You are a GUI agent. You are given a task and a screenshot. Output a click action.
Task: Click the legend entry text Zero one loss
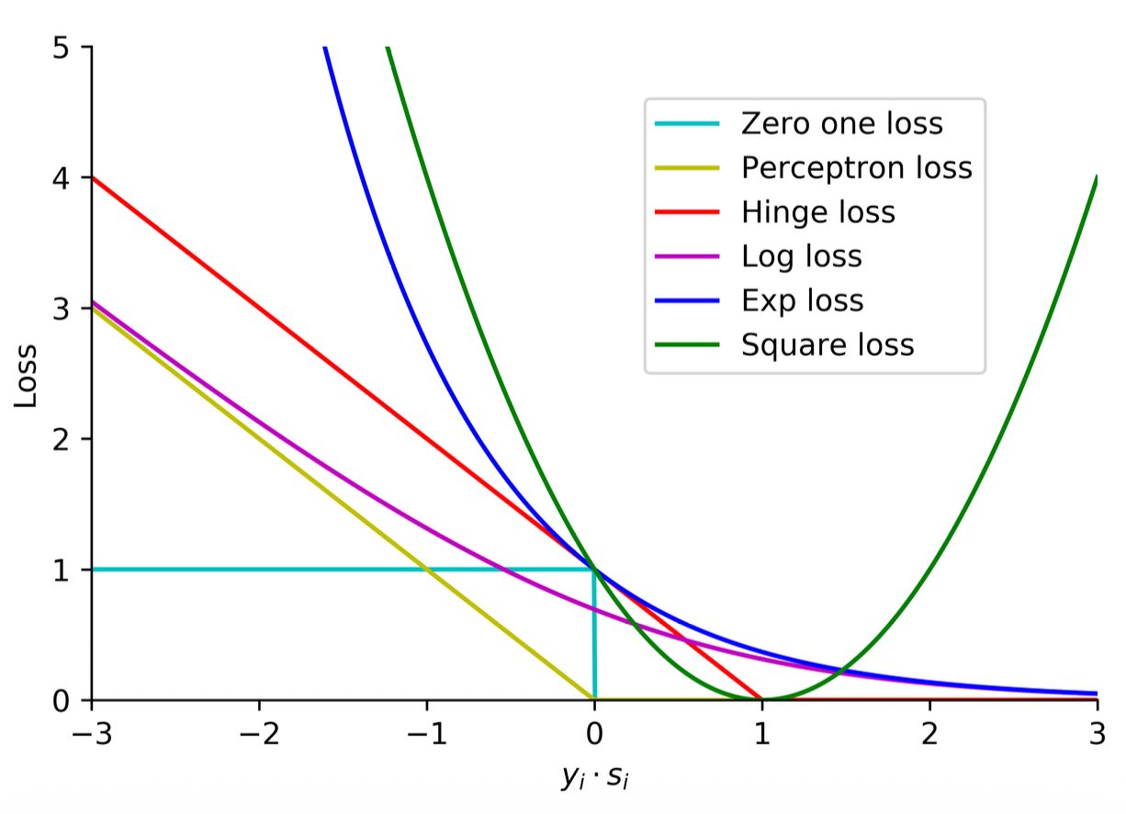click(x=841, y=124)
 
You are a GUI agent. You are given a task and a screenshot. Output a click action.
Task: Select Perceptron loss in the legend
click(x=856, y=168)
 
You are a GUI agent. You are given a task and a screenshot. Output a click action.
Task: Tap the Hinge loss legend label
click(x=817, y=213)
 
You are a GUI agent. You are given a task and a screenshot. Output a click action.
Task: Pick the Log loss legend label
click(x=801, y=256)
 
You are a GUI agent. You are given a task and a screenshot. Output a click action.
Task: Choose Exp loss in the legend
click(x=802, y=300)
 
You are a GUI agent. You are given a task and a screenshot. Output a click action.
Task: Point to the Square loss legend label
click(x=828, y=345)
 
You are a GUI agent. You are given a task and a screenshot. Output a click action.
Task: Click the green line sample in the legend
click(x=686, y=345)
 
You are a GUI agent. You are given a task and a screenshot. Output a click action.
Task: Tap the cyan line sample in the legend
click(x=686, y=124)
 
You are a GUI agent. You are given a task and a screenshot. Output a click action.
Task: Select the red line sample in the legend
click(x=686, y=213)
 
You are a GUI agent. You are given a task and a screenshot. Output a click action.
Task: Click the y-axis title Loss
click(x=27, y=375)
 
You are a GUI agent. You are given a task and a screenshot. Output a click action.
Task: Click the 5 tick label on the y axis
click(x=61, y=47)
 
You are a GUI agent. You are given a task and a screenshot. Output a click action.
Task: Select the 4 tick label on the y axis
click(x=61, y=177)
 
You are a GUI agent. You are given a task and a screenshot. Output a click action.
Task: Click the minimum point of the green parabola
click(x=762, y=699)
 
